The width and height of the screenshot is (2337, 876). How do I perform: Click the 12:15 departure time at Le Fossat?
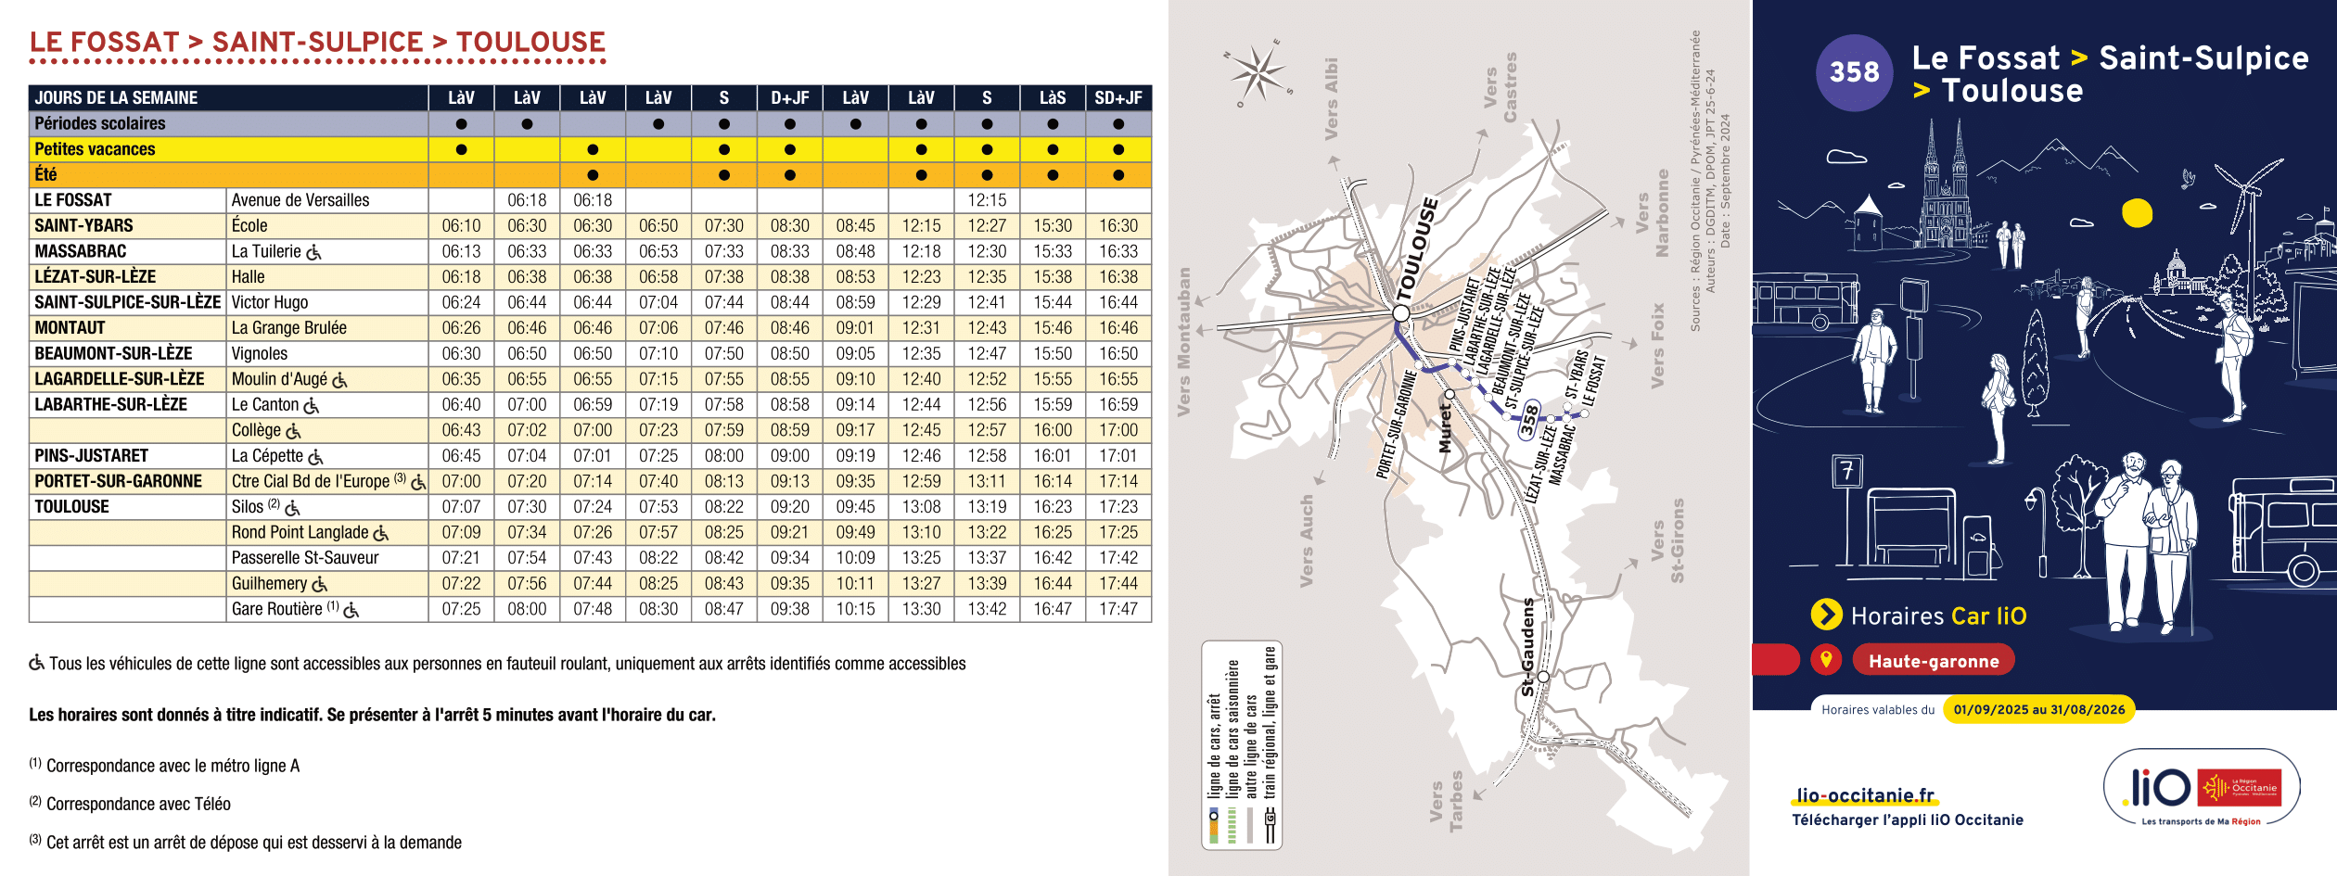click(x=987, y=200)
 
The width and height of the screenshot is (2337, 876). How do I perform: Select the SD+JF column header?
click(x=1118, y=98)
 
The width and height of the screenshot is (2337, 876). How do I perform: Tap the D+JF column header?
click(x=789, y=98)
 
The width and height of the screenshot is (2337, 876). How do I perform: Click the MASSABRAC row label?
click(x=81, y=251)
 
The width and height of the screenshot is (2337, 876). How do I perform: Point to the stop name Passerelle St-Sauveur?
click(x=305, y=558)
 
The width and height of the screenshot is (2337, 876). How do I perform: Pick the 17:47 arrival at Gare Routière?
click(x=1118, y=609)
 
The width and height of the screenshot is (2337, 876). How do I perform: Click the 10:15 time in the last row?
click(x=855, y=609)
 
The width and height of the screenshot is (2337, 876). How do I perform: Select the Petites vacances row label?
click(x=95, y=149)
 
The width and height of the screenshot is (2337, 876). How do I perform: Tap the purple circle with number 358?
click(x=1854, y=72)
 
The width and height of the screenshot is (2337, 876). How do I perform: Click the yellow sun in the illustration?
click(x=2137, y=213)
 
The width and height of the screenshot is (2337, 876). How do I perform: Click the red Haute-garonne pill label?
click(x=1934, y=661)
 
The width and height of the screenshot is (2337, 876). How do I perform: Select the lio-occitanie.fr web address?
click(x=1865, y=795)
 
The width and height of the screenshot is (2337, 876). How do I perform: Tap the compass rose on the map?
click(x=1258, y=72)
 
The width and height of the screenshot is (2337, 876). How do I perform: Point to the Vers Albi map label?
click(x=1332, y=98)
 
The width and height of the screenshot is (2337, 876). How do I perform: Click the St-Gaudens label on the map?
click(x=1528, y=646)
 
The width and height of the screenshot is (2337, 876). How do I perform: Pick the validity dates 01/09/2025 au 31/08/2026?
click(x=2038, y=710)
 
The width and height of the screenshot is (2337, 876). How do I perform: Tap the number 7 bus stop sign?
click(x=1847, y=472)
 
